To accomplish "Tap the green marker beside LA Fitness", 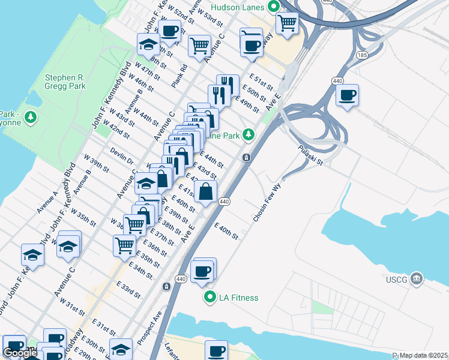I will [x=209, y=297].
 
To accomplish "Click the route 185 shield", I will [x=363, y=54].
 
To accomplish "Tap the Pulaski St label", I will [x=310, y=155].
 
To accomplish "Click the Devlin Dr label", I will [x=121, y=157].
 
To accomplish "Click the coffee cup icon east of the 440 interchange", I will [x=347, y=95].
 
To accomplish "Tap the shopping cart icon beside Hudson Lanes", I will [x=288, y=23].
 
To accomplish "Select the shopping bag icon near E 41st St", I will [x=205, y=191].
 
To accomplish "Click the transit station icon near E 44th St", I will [x=246, y=158].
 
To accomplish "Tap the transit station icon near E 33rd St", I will [x=165, y=287].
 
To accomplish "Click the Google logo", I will [x=20, y=353].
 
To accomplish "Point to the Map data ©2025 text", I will [x=423, y=355].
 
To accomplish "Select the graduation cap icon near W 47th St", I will [x=148, y=44].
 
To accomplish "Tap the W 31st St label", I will [x=75, y=309].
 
